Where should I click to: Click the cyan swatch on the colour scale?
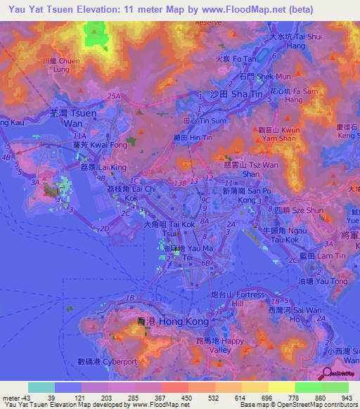pyautogui.click(x=41, y=387)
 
